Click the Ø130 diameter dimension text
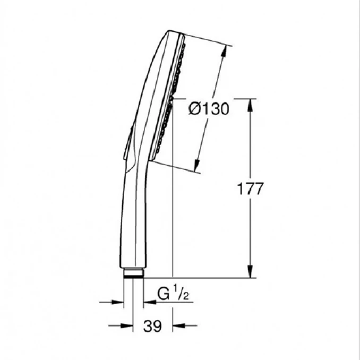click(209, 109)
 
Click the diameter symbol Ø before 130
click(195, 109)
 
